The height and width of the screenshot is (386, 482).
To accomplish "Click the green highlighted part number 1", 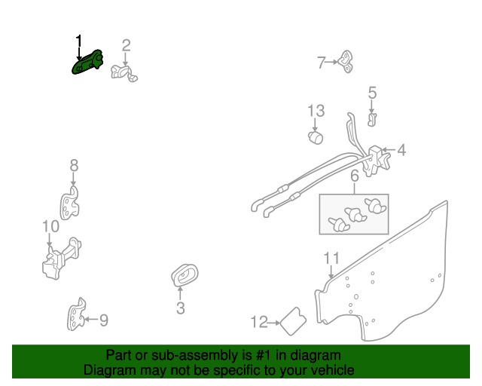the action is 87,62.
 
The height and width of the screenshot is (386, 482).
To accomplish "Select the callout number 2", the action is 126,45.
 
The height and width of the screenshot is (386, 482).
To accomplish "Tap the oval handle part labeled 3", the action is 185,275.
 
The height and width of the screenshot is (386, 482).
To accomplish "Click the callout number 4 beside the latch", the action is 401,150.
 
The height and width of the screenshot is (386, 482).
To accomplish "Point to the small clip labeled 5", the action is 372,120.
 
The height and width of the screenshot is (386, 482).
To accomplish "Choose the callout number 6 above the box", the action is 355,176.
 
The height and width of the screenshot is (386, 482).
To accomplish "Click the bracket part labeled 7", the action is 346,62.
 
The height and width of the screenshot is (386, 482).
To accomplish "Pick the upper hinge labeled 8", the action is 70,203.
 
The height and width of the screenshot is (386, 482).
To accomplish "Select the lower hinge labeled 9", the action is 76,314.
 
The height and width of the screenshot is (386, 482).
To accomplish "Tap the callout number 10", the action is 50,227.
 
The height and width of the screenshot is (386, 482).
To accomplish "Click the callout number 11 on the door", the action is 331,259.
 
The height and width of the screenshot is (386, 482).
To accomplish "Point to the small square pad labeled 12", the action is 294,321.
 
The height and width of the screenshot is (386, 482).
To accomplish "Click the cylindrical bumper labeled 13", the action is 316,137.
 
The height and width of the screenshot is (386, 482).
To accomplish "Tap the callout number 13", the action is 316,111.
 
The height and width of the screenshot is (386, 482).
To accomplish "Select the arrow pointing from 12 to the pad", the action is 273,323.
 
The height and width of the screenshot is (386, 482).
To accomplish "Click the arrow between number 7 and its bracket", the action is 331,62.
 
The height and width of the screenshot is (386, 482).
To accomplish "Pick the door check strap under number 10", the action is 62,259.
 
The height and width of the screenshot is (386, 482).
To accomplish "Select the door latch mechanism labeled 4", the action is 377,161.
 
